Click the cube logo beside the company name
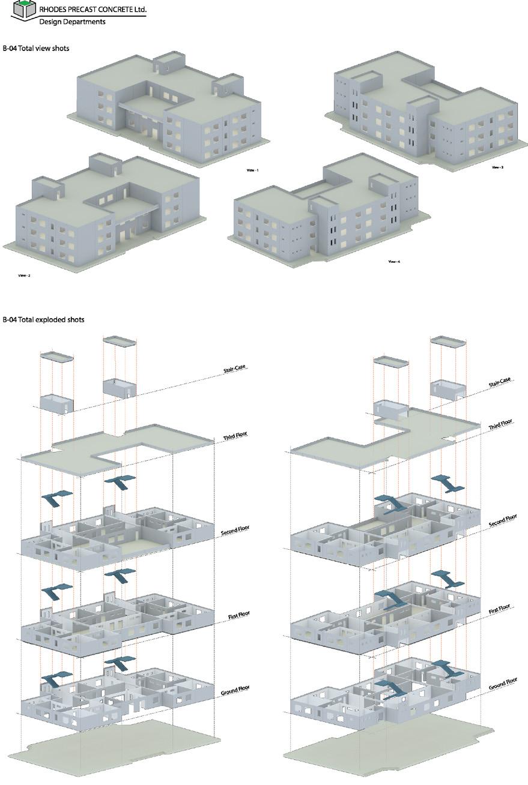pos(23,10)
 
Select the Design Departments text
pos(72,22)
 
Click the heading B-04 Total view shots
pos(36,49)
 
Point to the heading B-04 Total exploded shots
pos(43,320)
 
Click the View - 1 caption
pos(252,170)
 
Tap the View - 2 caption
pos(25,276)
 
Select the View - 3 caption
pos(497,167)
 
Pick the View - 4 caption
pos(394,262)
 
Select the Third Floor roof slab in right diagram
pos(384,441)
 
